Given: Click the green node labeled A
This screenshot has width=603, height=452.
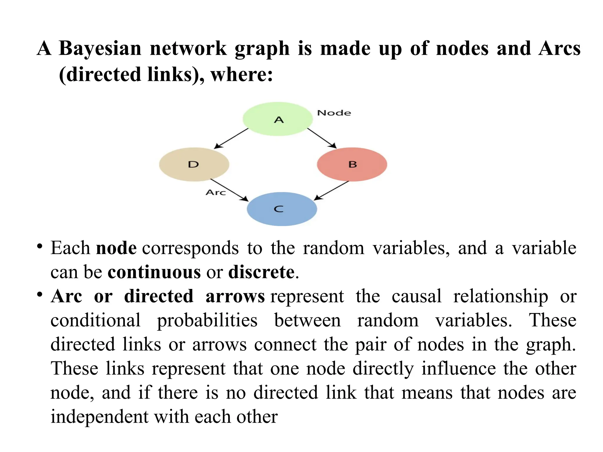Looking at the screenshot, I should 277,119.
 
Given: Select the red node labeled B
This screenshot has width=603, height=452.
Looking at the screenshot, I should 352,164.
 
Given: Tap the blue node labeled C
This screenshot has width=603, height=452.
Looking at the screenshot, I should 281,209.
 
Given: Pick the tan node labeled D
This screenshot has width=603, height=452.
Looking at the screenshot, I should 194,164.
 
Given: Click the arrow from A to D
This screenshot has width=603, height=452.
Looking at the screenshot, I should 231,138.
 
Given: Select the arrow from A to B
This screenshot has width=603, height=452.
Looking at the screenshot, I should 322,138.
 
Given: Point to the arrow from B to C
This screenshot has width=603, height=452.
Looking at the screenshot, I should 332,190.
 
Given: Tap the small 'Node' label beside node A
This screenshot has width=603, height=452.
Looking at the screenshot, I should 334,113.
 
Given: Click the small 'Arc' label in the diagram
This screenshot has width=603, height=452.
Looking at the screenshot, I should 216,192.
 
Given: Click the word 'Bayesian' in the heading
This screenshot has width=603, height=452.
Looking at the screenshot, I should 100,49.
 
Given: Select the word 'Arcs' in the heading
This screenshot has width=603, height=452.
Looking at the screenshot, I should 559,49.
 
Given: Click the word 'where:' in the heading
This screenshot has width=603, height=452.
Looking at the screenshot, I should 242,74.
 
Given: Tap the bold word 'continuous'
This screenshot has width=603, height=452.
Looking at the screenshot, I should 154,272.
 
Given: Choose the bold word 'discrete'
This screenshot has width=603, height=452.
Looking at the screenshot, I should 261,272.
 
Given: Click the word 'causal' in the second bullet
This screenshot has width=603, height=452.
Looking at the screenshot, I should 416,296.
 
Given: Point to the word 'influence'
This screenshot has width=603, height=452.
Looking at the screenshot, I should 458,368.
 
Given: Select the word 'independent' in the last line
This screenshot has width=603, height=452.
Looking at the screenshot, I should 100,417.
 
